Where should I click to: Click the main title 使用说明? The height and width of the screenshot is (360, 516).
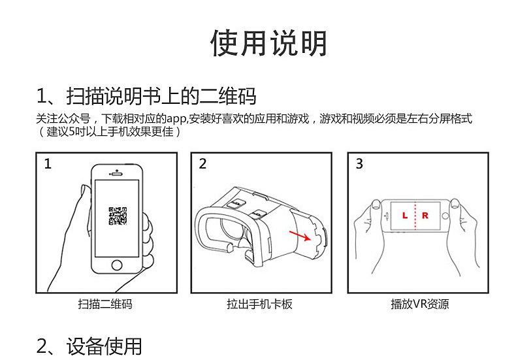click(x=268, y=43)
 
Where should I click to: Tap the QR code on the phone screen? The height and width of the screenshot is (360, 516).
click(x=118, y=216)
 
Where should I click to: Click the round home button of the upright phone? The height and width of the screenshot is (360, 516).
click(x=117, y=265)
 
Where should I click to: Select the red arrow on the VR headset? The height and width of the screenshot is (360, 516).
click(x=300, y=236)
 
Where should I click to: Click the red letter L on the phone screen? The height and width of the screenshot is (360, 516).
click(x=405, y=216)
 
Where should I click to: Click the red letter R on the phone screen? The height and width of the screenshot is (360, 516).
click(x=425, y=216)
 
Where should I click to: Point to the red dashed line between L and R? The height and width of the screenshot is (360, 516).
click(x=415, y=216)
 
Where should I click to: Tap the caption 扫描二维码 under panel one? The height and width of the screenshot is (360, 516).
click(x=105, y=304)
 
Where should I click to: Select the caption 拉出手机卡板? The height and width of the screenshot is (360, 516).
click(x=260, y=304)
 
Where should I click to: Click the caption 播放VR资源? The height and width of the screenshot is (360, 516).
click(x=419, y=304)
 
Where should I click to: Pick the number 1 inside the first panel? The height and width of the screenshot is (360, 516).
click(x=48, y=164)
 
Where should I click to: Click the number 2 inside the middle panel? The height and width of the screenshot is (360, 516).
click(x=202, y=163)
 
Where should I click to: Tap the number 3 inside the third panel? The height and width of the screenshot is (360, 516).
click(x=359, y=163)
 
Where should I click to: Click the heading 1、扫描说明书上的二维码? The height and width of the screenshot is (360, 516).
click(x=146, y=96)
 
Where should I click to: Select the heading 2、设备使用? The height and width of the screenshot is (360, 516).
click(x=89, y=346)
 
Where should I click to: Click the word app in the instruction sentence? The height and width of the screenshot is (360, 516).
click(x=176, y=119)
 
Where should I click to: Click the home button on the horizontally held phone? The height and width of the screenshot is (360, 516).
click(x=445, y=216)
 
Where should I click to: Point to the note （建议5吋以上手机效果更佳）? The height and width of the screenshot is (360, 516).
click(x=109, y=131)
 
